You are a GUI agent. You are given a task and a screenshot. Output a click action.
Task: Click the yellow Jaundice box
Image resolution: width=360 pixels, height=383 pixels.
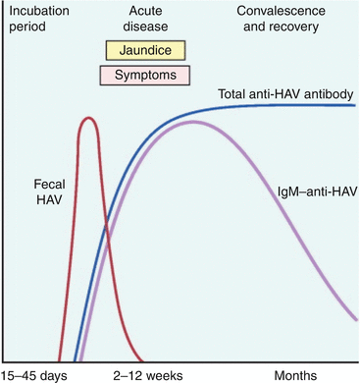tap(145, 50)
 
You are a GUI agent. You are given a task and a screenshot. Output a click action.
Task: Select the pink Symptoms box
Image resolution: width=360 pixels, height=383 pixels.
tap(145, 76)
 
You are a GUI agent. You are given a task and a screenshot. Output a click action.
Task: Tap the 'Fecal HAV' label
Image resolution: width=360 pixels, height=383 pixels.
tap(49, 191)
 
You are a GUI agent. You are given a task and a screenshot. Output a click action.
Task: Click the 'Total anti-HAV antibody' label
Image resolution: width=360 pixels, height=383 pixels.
tap(285, 94)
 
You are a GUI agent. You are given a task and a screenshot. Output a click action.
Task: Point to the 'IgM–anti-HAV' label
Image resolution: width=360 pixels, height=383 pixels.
tap(317, 191)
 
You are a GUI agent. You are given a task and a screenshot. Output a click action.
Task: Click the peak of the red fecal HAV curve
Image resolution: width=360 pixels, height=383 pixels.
tap(87, 118)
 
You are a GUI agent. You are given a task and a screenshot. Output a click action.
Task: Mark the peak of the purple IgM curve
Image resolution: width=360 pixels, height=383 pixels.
tap(193, 122)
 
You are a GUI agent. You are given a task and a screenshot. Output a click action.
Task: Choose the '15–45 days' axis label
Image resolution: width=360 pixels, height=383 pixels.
tap(34, 375)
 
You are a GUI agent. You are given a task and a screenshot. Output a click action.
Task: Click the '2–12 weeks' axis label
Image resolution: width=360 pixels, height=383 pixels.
tap(148, 375)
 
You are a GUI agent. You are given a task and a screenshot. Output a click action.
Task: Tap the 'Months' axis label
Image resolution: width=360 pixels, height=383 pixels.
tap(295, 375)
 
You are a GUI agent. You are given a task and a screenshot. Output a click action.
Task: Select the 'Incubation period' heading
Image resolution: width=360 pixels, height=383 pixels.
tap(39, 19)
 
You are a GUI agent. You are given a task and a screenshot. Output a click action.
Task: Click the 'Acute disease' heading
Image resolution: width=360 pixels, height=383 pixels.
tap(145, 19)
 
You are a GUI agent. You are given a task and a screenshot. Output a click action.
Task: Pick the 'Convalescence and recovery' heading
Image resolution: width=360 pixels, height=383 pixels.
tap(282, 19)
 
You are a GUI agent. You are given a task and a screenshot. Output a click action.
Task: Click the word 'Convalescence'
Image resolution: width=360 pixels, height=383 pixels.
tap(282, 11)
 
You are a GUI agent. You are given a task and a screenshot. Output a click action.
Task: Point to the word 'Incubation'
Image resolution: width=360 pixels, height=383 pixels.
tap(39, 11)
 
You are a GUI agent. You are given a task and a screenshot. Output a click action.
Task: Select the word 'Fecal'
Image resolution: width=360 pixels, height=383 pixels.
tap(49, 185)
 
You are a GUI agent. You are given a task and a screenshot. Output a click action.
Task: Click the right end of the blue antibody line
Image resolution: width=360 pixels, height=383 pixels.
tap(355, 105)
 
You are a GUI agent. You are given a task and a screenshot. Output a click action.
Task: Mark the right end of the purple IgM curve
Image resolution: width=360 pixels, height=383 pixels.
tap(355, 319)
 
